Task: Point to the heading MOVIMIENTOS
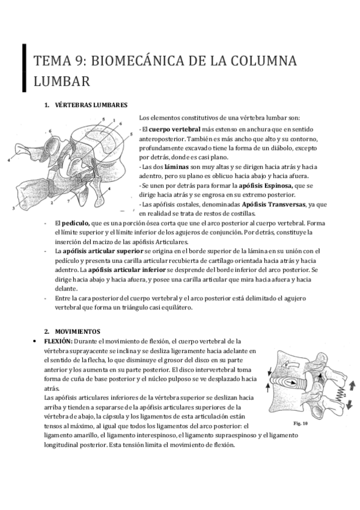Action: point(78,331)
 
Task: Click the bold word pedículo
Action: point(76,223)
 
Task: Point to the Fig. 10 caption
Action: point(301,423)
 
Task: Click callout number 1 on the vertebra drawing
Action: point(114,120)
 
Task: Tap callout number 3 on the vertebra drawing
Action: point(13,209)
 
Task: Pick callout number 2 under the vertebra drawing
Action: point(52,203)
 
